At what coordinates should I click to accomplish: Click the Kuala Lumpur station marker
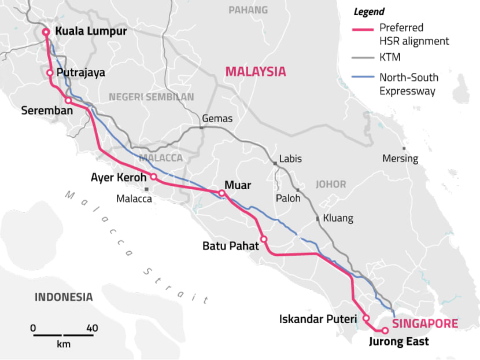[x=46, y=32]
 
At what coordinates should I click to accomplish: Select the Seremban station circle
[x=68, y=101]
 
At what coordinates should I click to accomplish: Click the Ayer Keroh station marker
[x=154, y=177]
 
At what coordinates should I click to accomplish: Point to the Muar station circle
[x=221, y=193]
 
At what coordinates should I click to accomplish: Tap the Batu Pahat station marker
[x=264, y=239]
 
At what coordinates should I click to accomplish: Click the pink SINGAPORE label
[x=425, y=324]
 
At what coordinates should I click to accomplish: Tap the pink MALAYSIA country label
[x=256, y=71]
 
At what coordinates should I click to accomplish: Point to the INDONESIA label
[x=64, y=297]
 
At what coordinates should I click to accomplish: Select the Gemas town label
[x=217, y=118]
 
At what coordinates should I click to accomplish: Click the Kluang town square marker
[x=317, y=219]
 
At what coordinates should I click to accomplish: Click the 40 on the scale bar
[x=92, y=328]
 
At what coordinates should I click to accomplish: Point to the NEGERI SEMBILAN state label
[x=152, y=97]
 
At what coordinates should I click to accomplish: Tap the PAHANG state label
[x=248, y=10]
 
